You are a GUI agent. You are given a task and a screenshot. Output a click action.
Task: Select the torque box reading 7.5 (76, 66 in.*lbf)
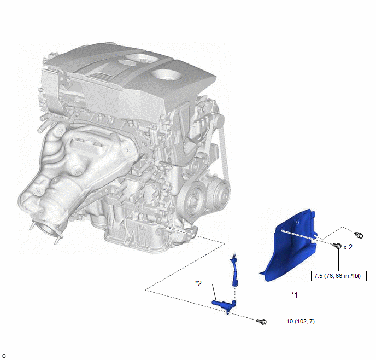coord(339,276)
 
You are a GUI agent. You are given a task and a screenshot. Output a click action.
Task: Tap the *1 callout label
coord(295,294)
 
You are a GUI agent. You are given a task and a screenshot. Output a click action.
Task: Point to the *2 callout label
coord(198,284)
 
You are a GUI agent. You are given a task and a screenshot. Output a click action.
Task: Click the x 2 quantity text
coord(348,247)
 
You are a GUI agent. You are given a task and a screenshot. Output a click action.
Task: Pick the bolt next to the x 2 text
coord(337,246)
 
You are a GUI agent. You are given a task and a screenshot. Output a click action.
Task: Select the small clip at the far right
coord(359,235)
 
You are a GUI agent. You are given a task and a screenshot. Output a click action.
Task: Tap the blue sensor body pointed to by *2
coord(224,305)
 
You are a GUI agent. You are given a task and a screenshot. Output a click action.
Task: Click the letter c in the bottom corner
coord(4,356)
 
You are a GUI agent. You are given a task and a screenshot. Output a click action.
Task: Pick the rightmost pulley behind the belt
coord(219,196)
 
